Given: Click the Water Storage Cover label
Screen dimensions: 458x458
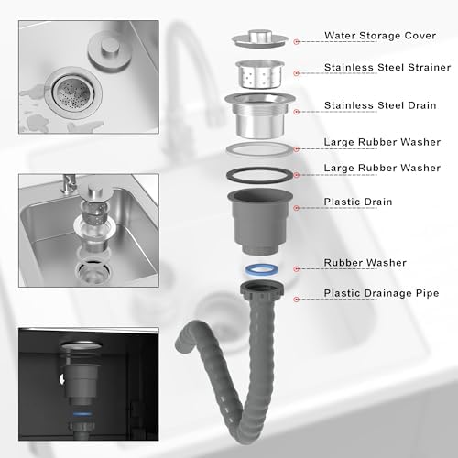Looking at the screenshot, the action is tap(380, 36).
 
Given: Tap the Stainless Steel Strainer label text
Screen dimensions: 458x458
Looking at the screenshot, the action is tap(387, 67).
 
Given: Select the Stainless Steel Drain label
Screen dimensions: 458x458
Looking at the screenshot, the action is tap(380, 105).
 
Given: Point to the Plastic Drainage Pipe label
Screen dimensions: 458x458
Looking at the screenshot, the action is tap(381, 293).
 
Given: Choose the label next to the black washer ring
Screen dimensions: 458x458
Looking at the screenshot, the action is tap(382, 168).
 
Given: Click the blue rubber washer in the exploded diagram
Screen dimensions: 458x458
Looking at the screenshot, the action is tap(262, 269).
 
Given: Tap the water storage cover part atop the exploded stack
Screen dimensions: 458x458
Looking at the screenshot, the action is tap(260, 38).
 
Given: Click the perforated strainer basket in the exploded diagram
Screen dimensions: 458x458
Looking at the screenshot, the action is tap(260, 74).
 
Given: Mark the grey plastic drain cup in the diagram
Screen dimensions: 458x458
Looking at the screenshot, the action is tap(260, 221).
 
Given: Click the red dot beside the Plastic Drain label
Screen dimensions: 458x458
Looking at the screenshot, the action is tap(296, 208).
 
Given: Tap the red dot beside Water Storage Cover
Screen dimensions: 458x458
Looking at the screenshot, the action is tap(296, 41).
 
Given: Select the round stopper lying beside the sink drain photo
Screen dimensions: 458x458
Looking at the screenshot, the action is tap(110, 51).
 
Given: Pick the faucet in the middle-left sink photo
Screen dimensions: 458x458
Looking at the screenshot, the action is tap(69, 184).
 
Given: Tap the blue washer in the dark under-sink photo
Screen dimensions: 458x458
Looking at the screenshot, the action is tap(82, 414).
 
